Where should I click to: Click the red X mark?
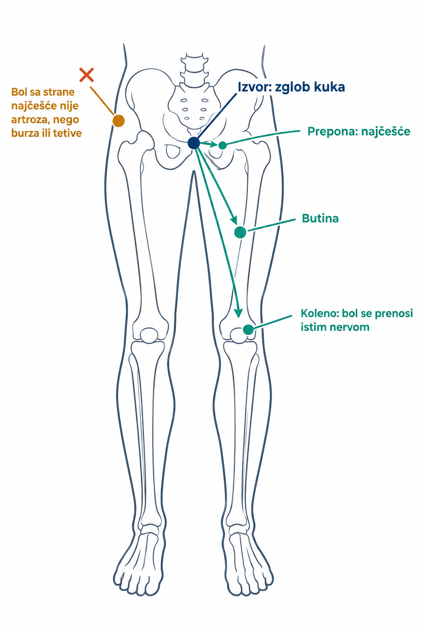(x=87, y=75)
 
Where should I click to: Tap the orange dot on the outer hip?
(x=118, y=121)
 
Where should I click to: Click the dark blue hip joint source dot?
(x=194, y=143)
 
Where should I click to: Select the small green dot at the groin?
(x=222, y=145)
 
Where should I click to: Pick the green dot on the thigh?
(x=240, y=232)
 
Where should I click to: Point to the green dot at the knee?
(x=248, y=330)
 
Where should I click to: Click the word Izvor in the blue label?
(x=254, y=87)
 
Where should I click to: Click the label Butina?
(x=320, y=218)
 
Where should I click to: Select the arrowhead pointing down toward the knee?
(x=238, y=312)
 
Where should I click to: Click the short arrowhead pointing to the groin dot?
(x=214, y=144)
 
